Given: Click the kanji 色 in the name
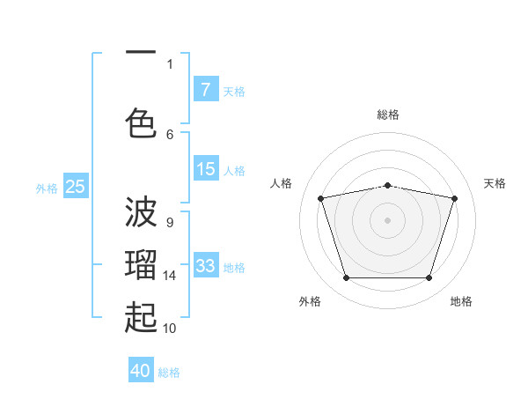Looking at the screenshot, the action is click(x=141, y=123).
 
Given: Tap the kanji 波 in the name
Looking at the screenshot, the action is click(x=141, y=211).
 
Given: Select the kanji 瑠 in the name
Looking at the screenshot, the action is click(x=141, y=264).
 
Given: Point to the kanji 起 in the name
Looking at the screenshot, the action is click(x=141, y=317).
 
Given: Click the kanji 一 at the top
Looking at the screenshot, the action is click(x=141, y=52).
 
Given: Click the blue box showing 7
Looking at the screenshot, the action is click(x=206, y=89).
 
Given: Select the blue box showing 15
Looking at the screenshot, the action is click(x=206, y=168).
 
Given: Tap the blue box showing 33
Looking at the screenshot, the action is click(x=206, y=264).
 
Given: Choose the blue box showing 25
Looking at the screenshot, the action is click(x=76, y=186).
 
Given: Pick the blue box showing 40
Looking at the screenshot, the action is click(x=141, y=369).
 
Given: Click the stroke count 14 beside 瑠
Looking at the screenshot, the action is click(x=169, y=276).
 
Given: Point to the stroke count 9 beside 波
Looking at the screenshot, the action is click(x=170, y=223).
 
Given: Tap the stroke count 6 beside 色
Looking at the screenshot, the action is click(x=170, y=135).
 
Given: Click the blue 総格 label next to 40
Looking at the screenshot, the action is click(x=169, y=373).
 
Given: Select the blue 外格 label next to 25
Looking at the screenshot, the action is click(x=47, y=189).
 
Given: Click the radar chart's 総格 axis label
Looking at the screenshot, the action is click(x=388, y=115).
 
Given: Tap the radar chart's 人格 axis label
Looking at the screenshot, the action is click(x=281, y=183).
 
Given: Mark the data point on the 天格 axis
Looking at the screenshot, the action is click(x=455, y=198).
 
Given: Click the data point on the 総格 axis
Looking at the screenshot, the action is click(x=388, y=186).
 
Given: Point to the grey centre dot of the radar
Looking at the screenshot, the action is click(x=387, y=220).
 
